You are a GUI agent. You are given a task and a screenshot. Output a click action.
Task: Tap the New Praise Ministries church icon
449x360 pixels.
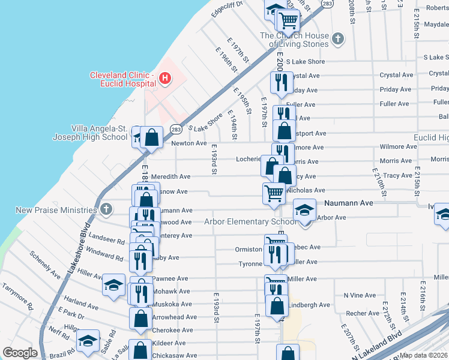click(106, 209)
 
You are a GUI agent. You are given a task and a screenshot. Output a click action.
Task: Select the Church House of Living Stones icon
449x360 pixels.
click(339, 40)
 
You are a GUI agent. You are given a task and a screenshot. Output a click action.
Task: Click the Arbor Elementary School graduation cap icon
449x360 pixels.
click(305, 211)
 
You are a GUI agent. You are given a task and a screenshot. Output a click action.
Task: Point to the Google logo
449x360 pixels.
click(20, 353)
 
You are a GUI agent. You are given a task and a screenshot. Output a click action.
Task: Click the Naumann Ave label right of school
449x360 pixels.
click(349, 204)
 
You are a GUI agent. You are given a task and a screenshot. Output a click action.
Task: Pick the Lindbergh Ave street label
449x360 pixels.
click(310, 305)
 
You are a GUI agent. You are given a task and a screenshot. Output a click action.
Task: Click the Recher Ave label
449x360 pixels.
click(362, 313)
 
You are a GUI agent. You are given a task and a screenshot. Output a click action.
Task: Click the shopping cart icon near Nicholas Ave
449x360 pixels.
click(274, 193)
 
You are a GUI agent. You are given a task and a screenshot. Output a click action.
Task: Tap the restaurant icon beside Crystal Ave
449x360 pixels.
click(280, 82)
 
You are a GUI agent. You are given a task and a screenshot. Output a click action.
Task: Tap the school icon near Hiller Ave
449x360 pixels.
click(113, 286)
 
